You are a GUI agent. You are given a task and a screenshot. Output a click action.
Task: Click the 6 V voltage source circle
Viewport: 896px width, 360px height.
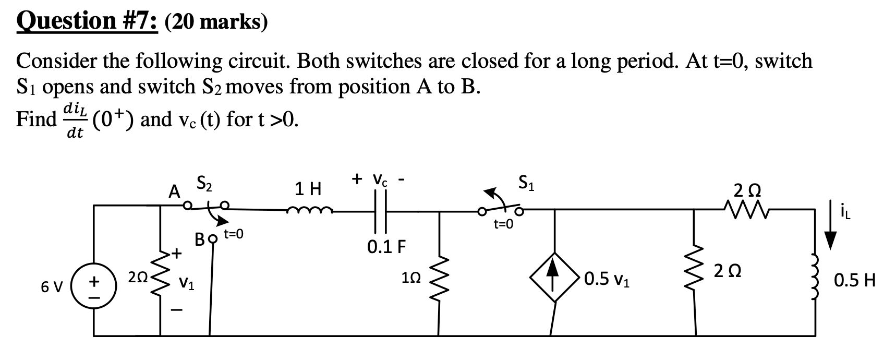point(94,287)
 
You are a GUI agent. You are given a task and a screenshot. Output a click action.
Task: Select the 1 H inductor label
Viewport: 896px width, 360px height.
point(308,188)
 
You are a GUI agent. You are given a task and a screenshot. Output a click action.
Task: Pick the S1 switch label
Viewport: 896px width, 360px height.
point(526,183)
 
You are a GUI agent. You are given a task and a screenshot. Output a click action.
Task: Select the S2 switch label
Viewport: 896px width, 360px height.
point(204,183)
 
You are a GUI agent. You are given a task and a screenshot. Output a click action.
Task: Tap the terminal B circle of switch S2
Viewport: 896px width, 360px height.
point(212,241)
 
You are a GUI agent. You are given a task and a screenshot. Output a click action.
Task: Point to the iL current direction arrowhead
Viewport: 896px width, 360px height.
point(830,241)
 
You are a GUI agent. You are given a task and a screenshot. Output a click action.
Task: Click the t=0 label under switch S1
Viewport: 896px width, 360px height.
point(503,224)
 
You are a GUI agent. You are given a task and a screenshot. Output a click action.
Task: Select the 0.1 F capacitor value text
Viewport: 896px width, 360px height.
point(386,246)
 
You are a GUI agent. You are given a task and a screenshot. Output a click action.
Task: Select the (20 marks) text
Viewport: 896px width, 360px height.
point(216,22)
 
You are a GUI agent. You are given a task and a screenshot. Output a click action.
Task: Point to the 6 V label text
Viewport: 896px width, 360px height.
point(52,287)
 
